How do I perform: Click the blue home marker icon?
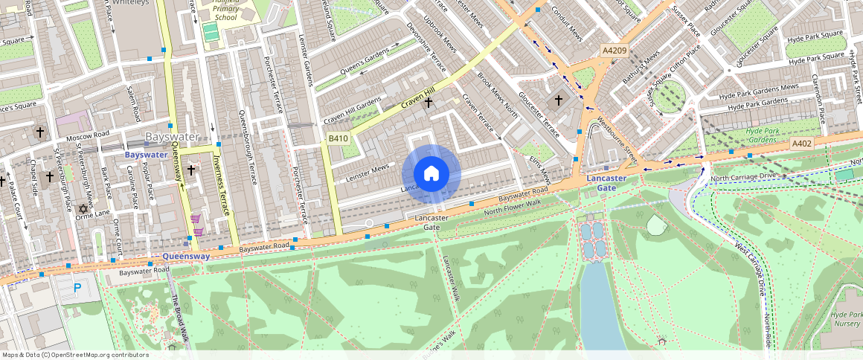click(x=431, y=174)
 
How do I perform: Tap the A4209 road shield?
click(x=615, y=50)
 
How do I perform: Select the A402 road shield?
click(x=801, y=144)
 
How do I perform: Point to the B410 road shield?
click(x=338, y=138)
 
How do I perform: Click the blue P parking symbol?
click(x=77, y=288)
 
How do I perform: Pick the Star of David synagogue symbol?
click(x=83, y=208)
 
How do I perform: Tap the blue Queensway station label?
click(x=186, y=256)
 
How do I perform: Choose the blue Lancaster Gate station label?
click(x=606, y=183)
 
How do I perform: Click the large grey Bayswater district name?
click(x=173, y=138)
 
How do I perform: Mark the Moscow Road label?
click(x=87, y=138)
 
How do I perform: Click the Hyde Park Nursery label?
click(x=847, y=319)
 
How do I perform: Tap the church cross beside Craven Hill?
click(x=428, y=104)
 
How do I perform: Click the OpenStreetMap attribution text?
click(x=74, y=355)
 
